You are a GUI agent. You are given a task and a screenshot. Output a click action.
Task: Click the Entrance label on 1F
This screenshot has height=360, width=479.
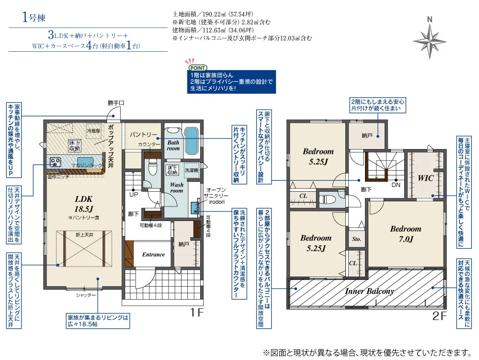pos(153,255)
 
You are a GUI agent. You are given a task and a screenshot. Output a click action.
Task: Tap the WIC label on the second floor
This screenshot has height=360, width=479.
pos(425,178)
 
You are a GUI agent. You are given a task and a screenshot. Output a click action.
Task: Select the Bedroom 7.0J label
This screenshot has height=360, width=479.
pos(405,233)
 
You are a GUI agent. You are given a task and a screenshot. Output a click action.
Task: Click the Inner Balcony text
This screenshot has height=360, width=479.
pos(369,291)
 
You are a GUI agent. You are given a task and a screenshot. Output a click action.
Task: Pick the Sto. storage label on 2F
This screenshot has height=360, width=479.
pos(356,239)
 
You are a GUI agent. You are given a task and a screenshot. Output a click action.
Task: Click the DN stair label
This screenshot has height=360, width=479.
pos(396,185)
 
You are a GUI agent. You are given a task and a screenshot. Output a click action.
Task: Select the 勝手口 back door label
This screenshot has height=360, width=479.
pos(116,103)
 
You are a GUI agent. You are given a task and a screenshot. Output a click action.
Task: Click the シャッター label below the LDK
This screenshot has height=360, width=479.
pos(86,295)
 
